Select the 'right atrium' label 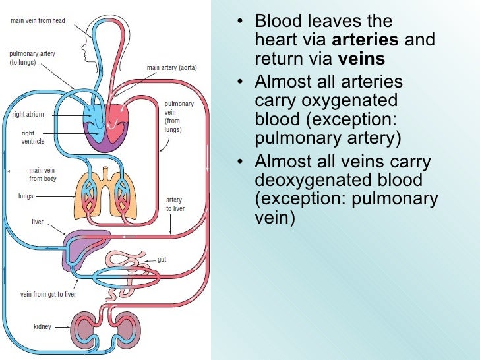pyautogui.click(x=28, y=115)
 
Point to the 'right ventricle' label pyautogui.click(x=32, y=137)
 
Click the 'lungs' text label pyautogui.click(x=26, y=196)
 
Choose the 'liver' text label pyautogui.click(x=38, y=222)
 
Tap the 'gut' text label pyautogui.click(x=162, y=260)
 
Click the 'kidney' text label pyautogui.click(x=42, y=326)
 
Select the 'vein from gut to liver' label pyautogui.click(x=48, y=294)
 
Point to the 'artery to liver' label pyautogui.click(x=174, y=204)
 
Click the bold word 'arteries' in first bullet pyautogui.click(x=372, y=40)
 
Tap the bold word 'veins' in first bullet pyautogui.click(x=361, y=59)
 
